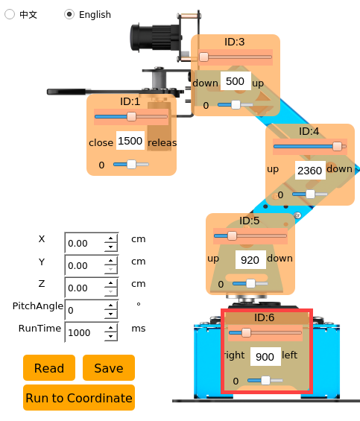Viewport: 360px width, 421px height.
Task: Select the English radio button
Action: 69,14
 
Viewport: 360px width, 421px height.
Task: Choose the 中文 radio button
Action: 10,14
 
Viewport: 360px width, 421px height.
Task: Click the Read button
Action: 49,368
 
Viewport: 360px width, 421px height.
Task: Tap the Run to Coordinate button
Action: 79,398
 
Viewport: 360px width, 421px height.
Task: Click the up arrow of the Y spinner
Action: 111,261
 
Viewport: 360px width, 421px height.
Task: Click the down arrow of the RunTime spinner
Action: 111,336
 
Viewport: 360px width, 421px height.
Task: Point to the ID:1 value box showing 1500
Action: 130,141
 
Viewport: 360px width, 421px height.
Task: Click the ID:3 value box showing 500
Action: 236,81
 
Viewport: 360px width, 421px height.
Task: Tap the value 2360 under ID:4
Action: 310,171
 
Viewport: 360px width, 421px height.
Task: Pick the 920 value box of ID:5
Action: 250,259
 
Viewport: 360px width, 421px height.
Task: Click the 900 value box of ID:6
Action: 265,357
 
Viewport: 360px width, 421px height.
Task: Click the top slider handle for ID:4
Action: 337,146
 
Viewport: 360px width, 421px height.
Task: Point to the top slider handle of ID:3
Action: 203,57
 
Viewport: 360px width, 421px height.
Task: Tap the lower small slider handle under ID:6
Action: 265,380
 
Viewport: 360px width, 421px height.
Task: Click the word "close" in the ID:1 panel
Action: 101,142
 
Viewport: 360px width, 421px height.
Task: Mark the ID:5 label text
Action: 249,221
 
